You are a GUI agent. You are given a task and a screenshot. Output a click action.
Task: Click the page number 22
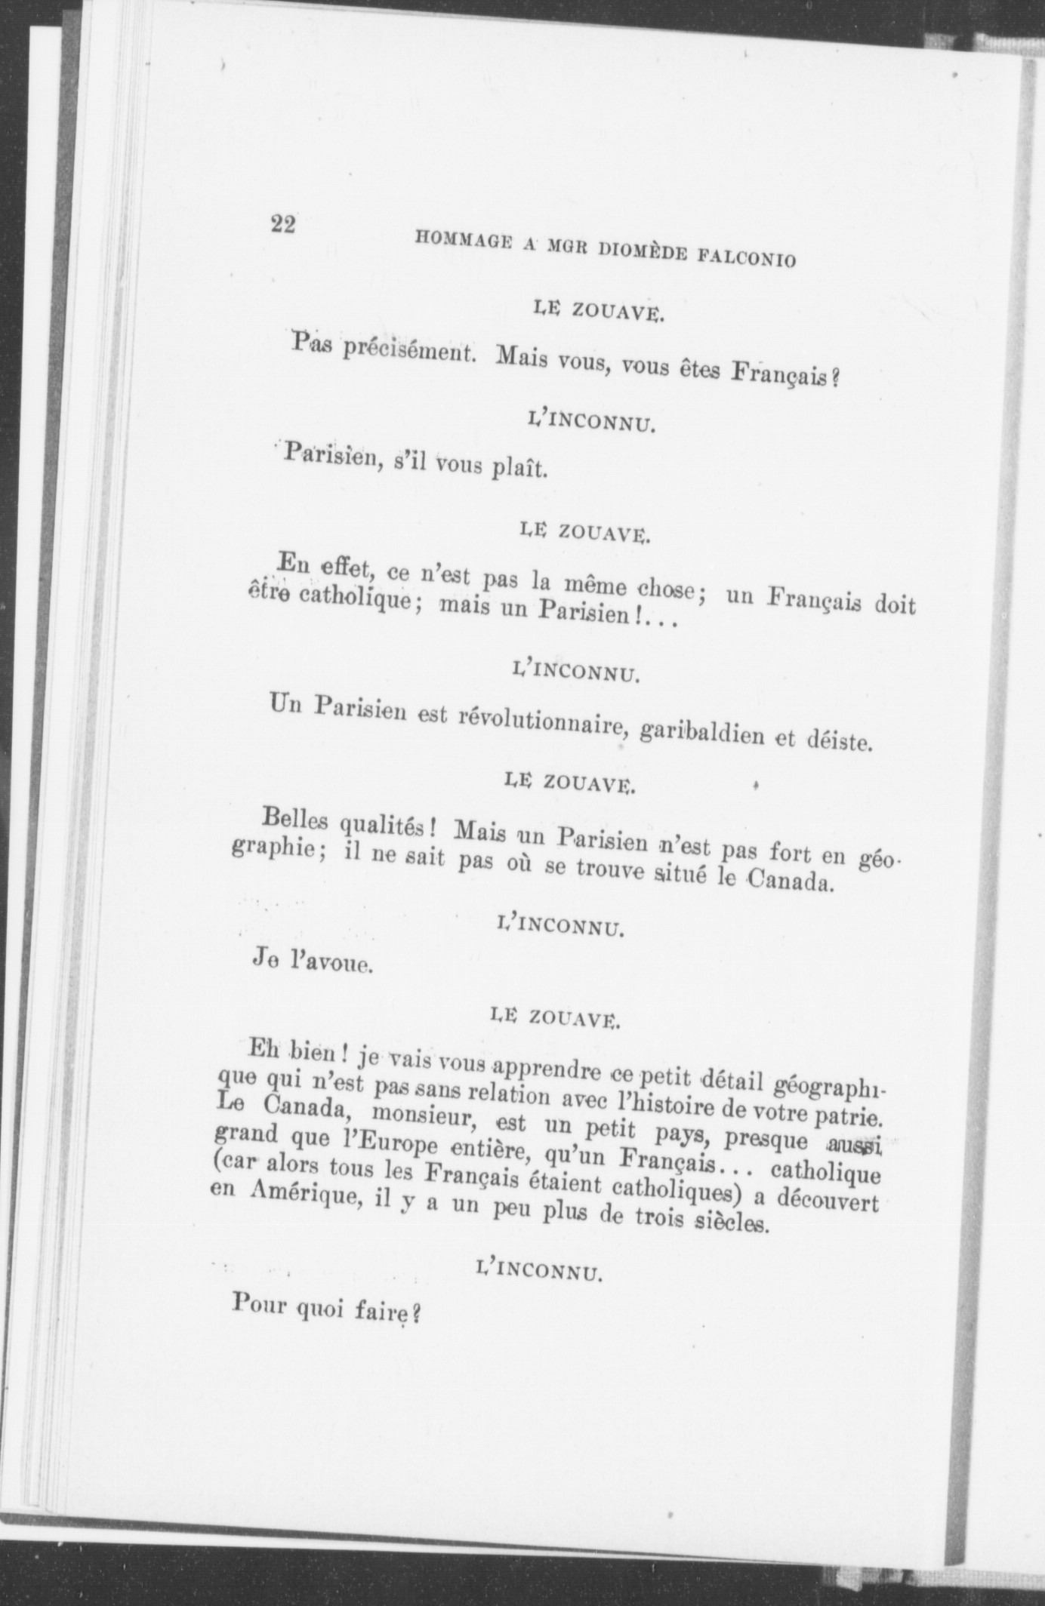pyautogui.click(x=283, y=224)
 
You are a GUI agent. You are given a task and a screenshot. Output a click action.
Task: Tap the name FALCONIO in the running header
pyautogui.click(x=747, y=258)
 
